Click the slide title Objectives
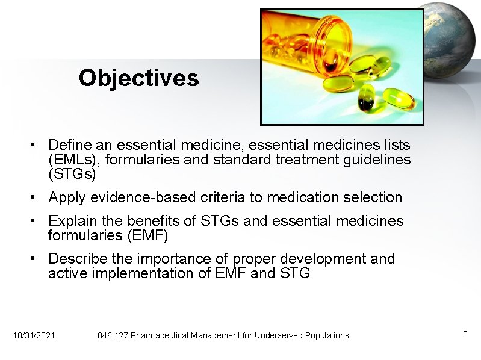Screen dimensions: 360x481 coord(138,78)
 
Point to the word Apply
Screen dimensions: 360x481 coord(67,197)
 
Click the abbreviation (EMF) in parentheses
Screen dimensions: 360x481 coord(144,235)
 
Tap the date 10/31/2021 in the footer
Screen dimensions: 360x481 coord(34,335)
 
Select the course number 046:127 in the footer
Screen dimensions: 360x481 coord(113,335)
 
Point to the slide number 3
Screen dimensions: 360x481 coord(465,334)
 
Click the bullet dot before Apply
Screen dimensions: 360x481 coord(37,197)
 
